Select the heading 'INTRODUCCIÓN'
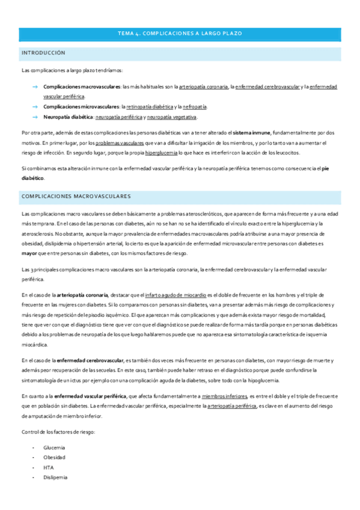pyautogui.click(x=43, y=54)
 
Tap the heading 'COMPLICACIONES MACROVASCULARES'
pyautogui.click(x=76, y=196)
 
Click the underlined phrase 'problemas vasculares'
pyautogui.click(x=120, y=143)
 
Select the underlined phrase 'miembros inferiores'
pyautogui.click(x=225, y=397)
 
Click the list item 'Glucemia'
pyautogui.click(x=54, y=447)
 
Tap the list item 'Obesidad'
pyautogui.click(x=54, y=457)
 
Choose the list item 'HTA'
pyautogui.click(x=48, y=467)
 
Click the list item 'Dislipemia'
pyautogui.click(x=55, y=478)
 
